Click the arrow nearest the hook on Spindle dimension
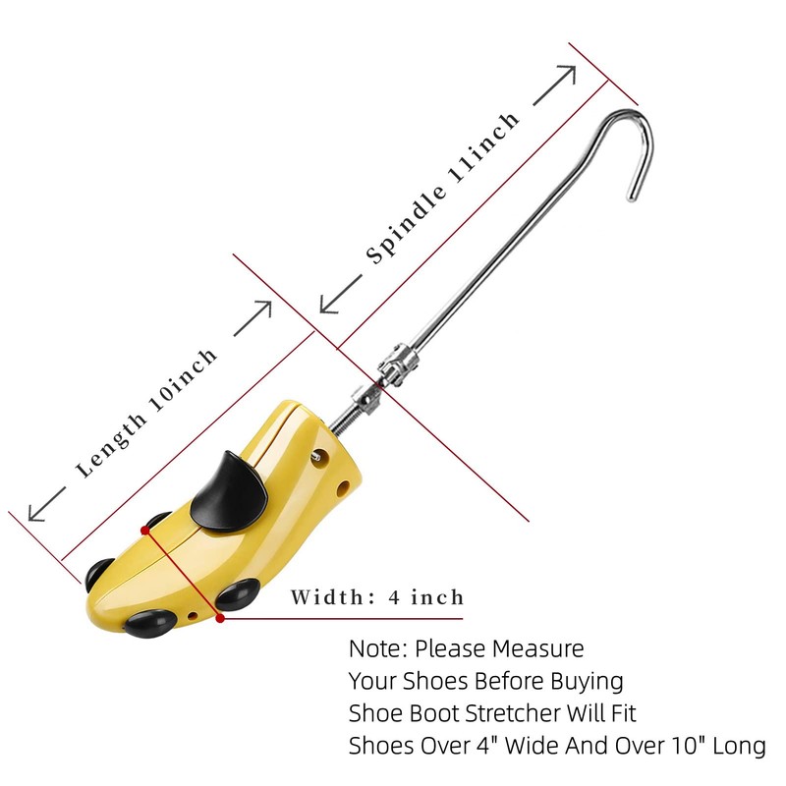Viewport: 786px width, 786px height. click(555, 84)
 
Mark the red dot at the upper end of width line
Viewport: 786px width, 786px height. click(145, 530)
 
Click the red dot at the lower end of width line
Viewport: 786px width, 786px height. click(220, 619)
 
